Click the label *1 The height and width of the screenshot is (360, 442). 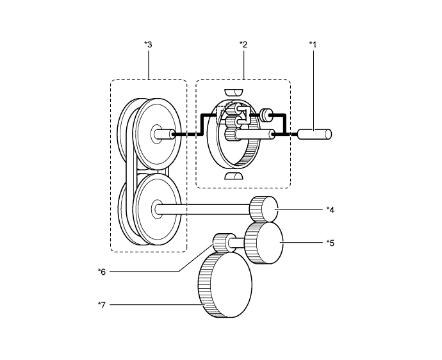click(x=313, y=44)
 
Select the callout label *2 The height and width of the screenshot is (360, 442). click(x=243, y=44)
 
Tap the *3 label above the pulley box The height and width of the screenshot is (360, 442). click(x=148, y=44)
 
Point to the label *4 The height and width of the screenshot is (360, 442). click(x=330, y=209)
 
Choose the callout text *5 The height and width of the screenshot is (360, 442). click(x=330, y=242)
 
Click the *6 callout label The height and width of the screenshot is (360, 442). click(x=101, y=271)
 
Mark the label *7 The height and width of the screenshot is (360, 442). click(x=101, y=305)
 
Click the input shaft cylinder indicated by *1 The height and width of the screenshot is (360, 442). click(x=315, y=135)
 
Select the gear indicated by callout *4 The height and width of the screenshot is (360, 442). click(x=263, y=208)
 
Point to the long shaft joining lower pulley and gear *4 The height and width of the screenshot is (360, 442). click(x=205, y=208)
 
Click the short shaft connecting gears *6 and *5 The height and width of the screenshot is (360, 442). click(x=240, y=243)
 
